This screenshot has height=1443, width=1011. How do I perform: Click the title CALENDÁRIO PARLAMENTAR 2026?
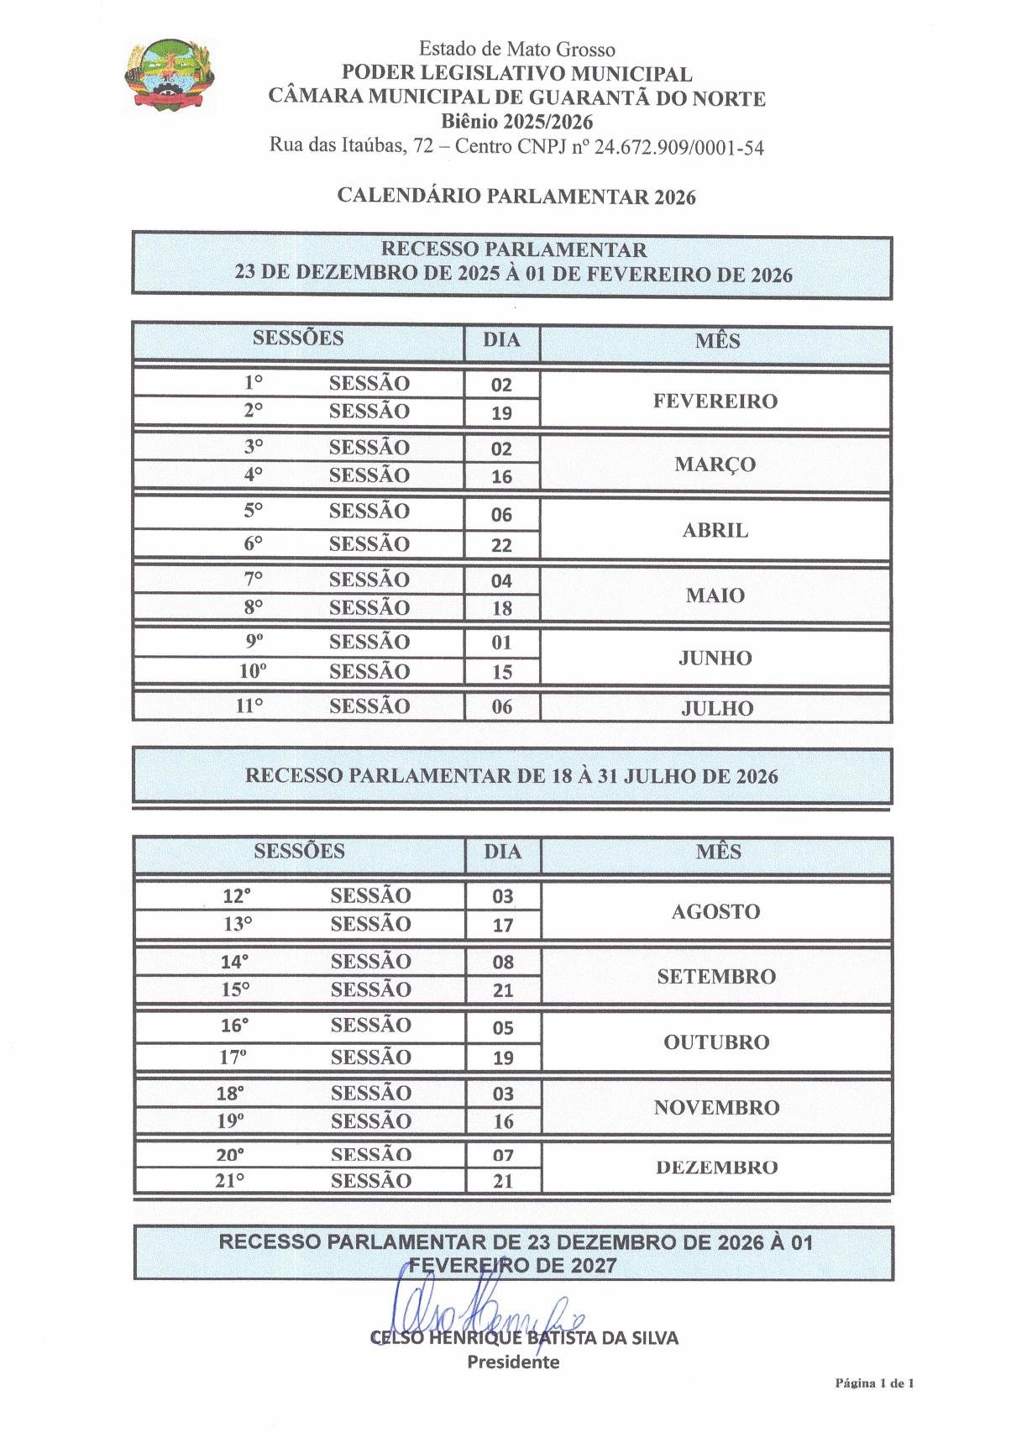pyautogui.click(x=516, y=196)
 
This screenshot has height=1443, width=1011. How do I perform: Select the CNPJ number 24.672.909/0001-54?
pyautogui.click(x=679, y=148)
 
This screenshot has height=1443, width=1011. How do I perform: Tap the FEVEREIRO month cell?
pyautogui.click(x=715, y=401)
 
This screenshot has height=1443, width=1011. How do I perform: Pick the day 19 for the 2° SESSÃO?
pyautogui.click(x=501, y=413)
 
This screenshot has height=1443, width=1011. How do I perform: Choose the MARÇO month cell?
pyautogui.click(x=715, y=464)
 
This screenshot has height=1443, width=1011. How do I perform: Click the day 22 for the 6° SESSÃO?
pyautogui.click(x=501, y=545)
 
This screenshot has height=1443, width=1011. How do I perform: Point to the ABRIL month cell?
pyautogui.click(x=715, y=531)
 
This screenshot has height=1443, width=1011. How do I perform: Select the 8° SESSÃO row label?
pyautogui.click(x=327, y=607)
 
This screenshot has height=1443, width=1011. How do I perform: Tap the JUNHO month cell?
pyautogui.click(x=715, y=659)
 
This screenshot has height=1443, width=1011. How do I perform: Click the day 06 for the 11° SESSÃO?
pyautogui.click(x=501, y=707)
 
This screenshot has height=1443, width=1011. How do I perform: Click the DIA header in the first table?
pyautogui.click(x=501, y=340)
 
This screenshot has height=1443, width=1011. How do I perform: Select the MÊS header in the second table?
pyautogui.click(x=718, y=852)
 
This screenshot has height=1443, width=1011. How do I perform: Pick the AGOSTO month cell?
pyautogui.click(x=715, y=912)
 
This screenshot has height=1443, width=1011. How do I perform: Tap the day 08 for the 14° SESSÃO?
pyautogui.click(x=503, y=963)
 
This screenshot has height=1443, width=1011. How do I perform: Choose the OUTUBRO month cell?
pyautogui.click(x=716, y=1042)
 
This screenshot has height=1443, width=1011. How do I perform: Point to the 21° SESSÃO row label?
pyautogui.click(x=313, y=1181)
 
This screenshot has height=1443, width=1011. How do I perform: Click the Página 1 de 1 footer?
pyautogui.click(x=874, y=1383)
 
